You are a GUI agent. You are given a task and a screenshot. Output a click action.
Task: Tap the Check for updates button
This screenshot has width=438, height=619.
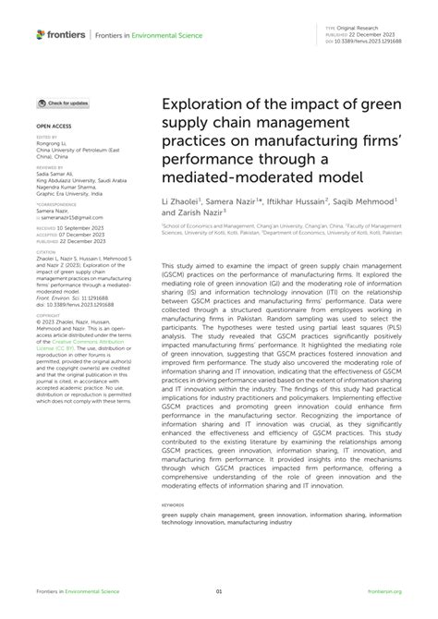[x=64, y=103]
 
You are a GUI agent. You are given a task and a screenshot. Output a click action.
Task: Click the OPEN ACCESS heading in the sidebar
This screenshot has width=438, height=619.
[x=55, y=123]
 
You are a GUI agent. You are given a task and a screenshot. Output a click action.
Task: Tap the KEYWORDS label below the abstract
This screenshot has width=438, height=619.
[x=174, y=504]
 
